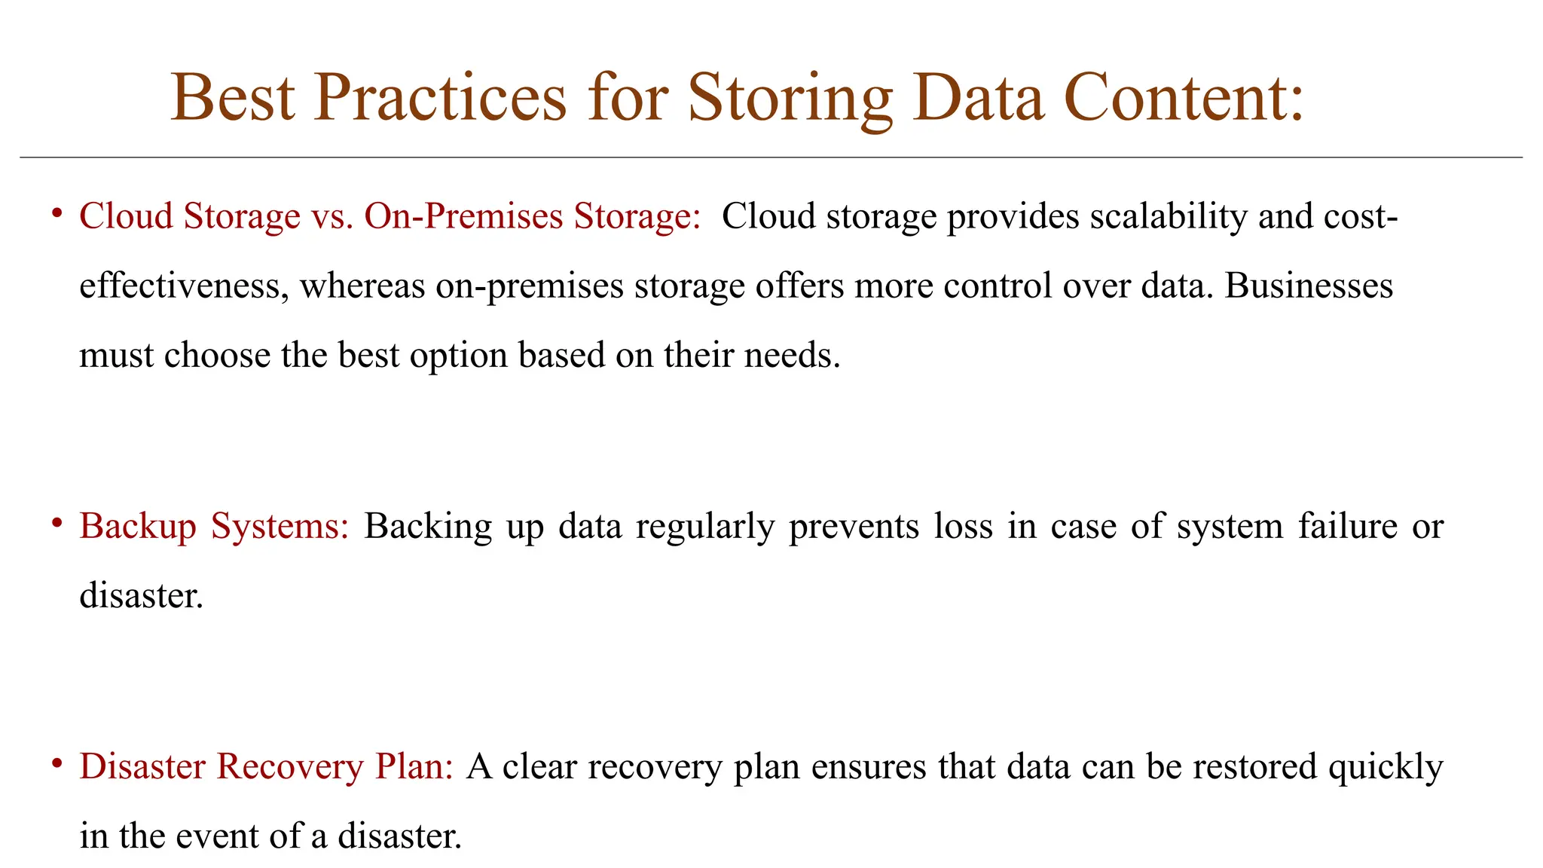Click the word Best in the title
pyautogui.click(x=233, y=98)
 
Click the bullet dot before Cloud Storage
pyautogui.click(x=57, y=214)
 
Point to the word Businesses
pyautogui.click(x=1309, y=286)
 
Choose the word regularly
pyautogui.click(x=705, y=526)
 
